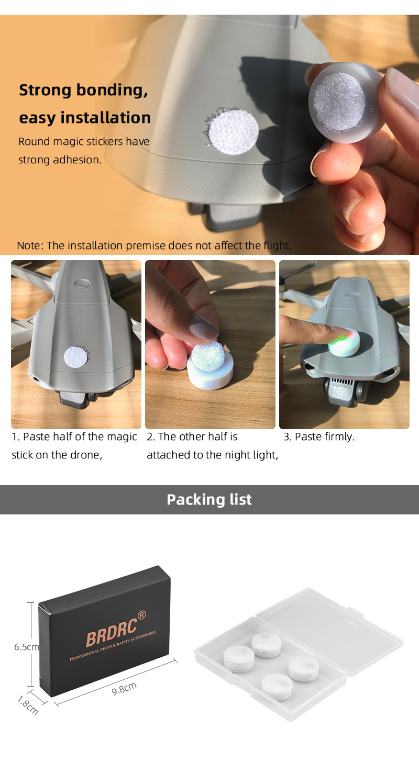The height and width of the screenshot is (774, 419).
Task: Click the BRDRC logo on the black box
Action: tap(112, 632)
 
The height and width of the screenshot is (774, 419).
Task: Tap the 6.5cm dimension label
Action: tap(26, 647)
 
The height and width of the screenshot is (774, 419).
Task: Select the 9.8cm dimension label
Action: tap(124, 688)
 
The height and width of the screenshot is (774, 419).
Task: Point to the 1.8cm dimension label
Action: tap(28, 705)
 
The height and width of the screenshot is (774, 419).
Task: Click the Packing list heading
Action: tap(209, 500)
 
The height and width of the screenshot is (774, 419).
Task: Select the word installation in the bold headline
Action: tap(105, 117)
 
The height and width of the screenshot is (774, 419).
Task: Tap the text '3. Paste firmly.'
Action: tap(319, 437)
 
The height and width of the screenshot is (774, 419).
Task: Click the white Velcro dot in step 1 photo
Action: tap(77, 356)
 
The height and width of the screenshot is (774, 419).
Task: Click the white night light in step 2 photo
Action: tap(210, 369)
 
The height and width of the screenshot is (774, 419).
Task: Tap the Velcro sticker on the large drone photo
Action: tap(234, 131)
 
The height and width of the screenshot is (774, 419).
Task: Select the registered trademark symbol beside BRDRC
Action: tap(142, 615)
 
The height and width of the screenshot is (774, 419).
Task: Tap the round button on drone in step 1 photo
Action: tap(82, 284)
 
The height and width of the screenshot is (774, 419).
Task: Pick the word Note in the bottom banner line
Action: tap(30, 245)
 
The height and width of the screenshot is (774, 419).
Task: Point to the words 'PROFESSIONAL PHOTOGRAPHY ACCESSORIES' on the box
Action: tap(113, 645)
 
